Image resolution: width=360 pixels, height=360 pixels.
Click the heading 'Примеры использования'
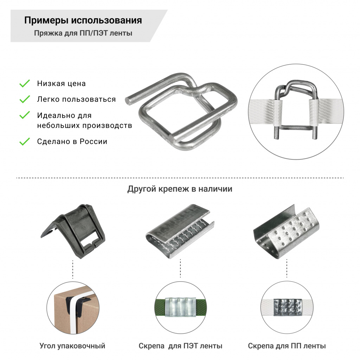click(83, 20)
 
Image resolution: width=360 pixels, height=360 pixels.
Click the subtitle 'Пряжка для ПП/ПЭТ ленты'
click(83, 34)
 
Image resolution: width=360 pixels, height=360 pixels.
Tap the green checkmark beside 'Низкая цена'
click(24, 84)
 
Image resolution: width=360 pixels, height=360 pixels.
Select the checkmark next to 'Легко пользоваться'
click(24, 99)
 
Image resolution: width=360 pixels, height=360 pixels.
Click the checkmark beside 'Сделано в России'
click(24, 142)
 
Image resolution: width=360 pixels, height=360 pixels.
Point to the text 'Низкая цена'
click(61, 84)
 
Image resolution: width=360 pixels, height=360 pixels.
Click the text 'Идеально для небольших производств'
click(84, 121)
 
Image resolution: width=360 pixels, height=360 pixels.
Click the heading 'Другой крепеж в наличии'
click(180, 189)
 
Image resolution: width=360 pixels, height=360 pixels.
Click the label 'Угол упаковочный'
click(72, 346)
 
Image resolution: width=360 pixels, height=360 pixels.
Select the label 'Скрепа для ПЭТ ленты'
click(180, 346)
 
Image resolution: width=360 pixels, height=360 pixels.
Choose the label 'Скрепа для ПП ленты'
click(287, 346)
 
